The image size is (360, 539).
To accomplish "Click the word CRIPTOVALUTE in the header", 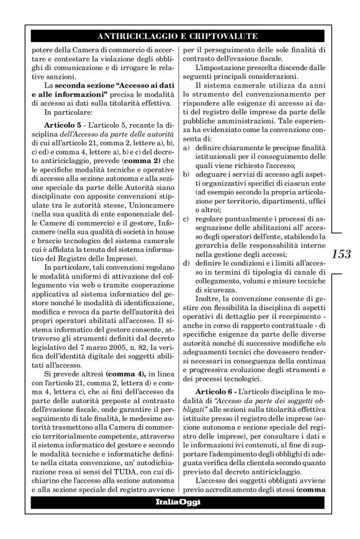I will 227,36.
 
